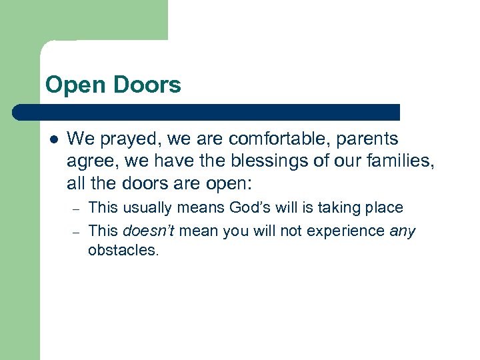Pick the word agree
(87, 162)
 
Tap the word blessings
(251, 161)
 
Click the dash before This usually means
(76, 209)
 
